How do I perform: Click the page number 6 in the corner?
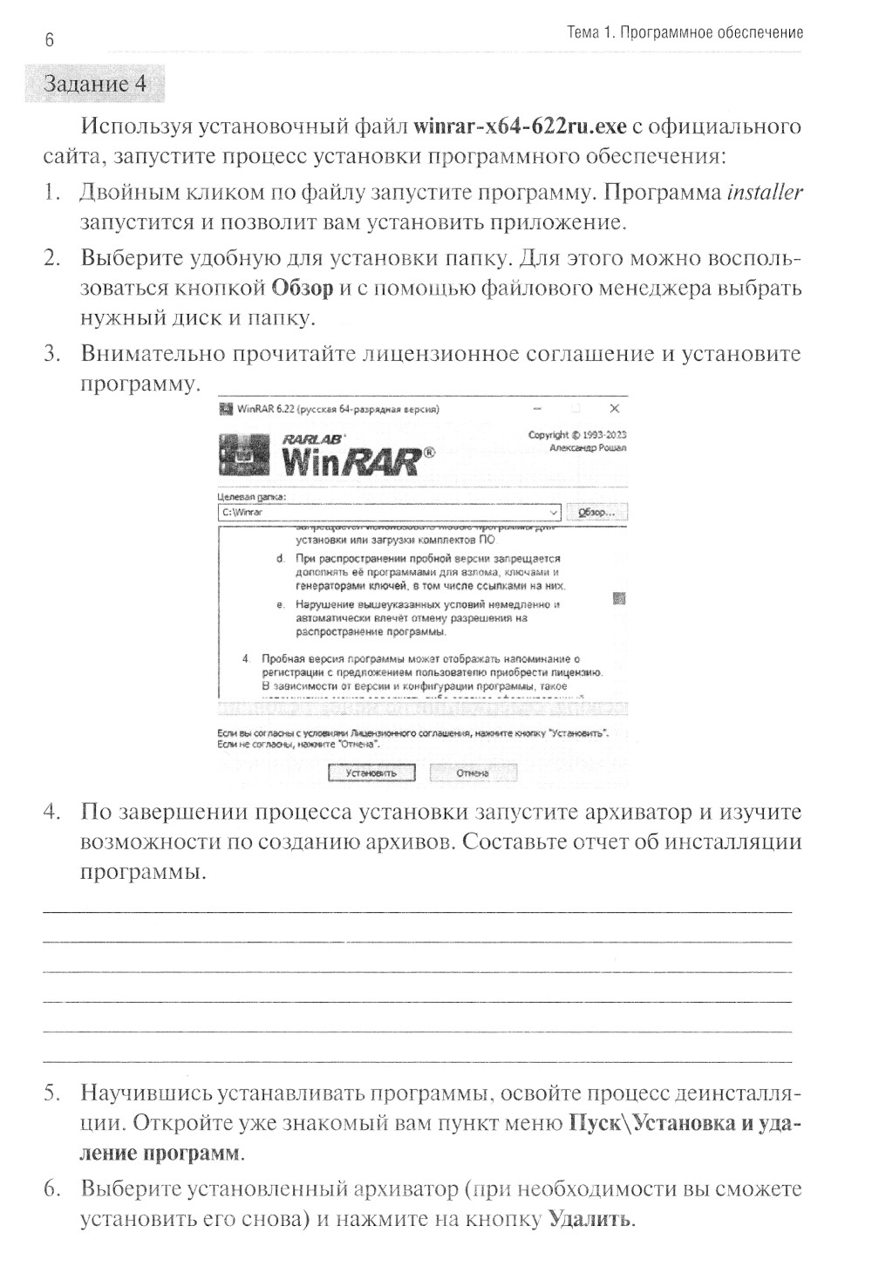49,40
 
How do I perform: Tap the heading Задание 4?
95,84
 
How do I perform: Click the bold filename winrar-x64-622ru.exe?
520,126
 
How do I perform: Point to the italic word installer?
765,192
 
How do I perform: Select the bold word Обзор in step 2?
303,289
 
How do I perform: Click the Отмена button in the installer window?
473,773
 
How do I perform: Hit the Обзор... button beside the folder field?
596,513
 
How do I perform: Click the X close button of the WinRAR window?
614,408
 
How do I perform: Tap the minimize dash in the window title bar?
537,408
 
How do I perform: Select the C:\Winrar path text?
243,513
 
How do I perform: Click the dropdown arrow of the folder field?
554,513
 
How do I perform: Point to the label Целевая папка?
251,497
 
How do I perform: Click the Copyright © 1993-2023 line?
576,434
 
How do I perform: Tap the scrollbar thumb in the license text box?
619,599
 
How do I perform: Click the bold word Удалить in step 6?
589,1218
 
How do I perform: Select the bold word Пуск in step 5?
596,1123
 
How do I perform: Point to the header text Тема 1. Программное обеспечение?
685,33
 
